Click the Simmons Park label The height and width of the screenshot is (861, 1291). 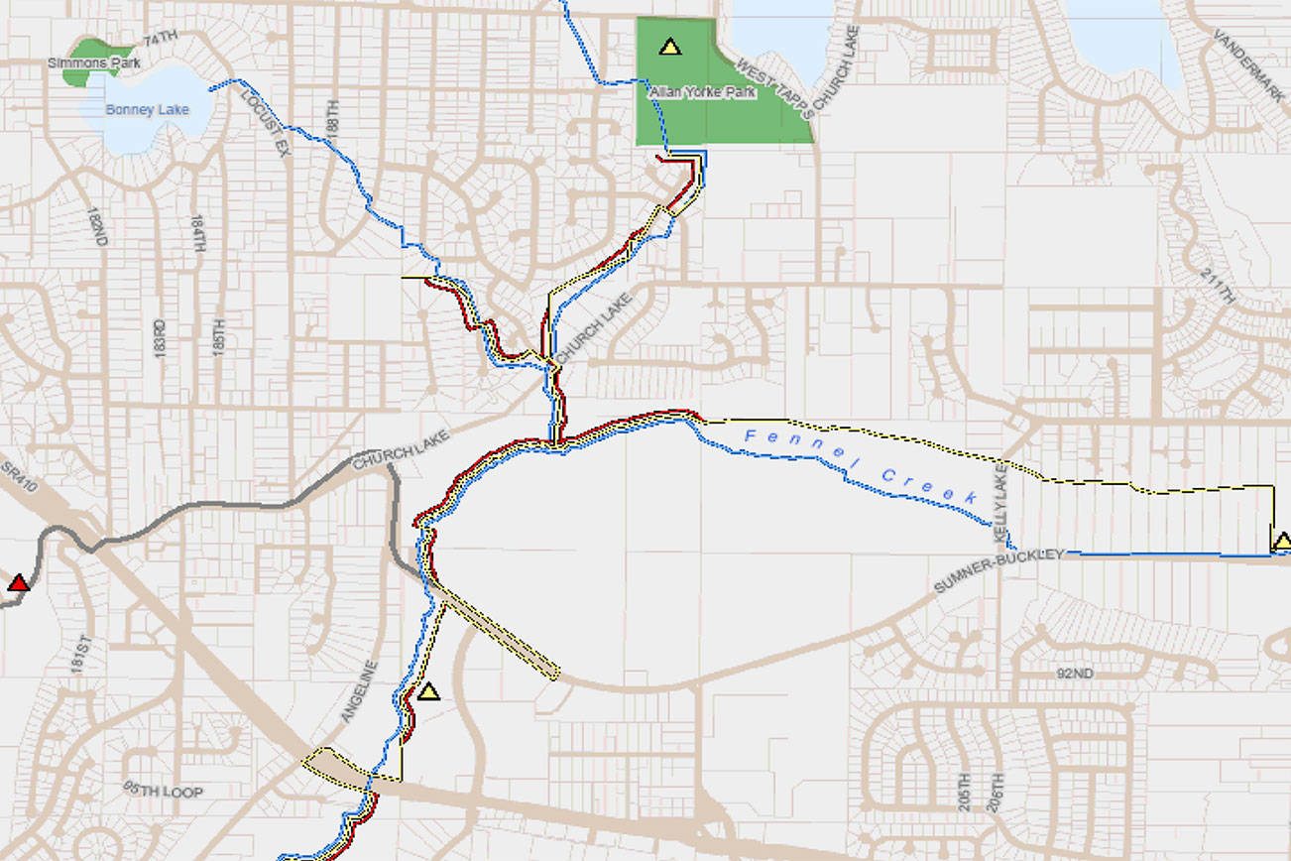click(94, 63)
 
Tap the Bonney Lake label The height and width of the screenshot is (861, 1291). click(147, 110)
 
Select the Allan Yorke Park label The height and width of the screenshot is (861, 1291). click(702, 92)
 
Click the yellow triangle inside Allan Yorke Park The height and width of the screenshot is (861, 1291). click(670, 47)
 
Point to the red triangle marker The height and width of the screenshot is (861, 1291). click(18, 583)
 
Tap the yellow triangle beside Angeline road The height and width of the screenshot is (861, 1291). click(428, 691)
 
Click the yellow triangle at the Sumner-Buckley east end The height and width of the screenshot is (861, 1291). click(1282, 542)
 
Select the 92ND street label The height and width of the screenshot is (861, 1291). click(1074, 674)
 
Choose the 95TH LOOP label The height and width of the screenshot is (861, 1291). click(163, 791)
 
